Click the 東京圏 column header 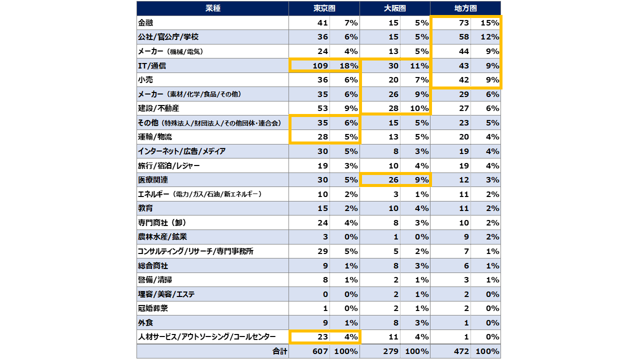click(324, 8)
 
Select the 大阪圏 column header click(394, 8)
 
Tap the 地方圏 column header click(465, 8)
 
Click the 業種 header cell click(213, 8)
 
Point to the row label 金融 click(145, 23)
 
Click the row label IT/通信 click(152, 65)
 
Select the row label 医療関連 click(153, 179)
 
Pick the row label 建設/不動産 click(158, 108)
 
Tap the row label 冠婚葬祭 click(153, 308)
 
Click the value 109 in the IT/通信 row click(320, 65)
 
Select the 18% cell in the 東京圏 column click(348, 65)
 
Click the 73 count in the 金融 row click(464, 23)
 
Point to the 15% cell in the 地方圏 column click(489, 23)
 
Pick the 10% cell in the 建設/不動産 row click(419, 108)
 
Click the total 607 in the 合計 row click(320, 351)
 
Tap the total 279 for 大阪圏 click(391, 351)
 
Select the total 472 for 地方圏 click(461, 351)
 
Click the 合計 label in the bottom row click(279, 351)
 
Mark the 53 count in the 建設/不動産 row click(322, 108)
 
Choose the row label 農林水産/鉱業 click(162, 237)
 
